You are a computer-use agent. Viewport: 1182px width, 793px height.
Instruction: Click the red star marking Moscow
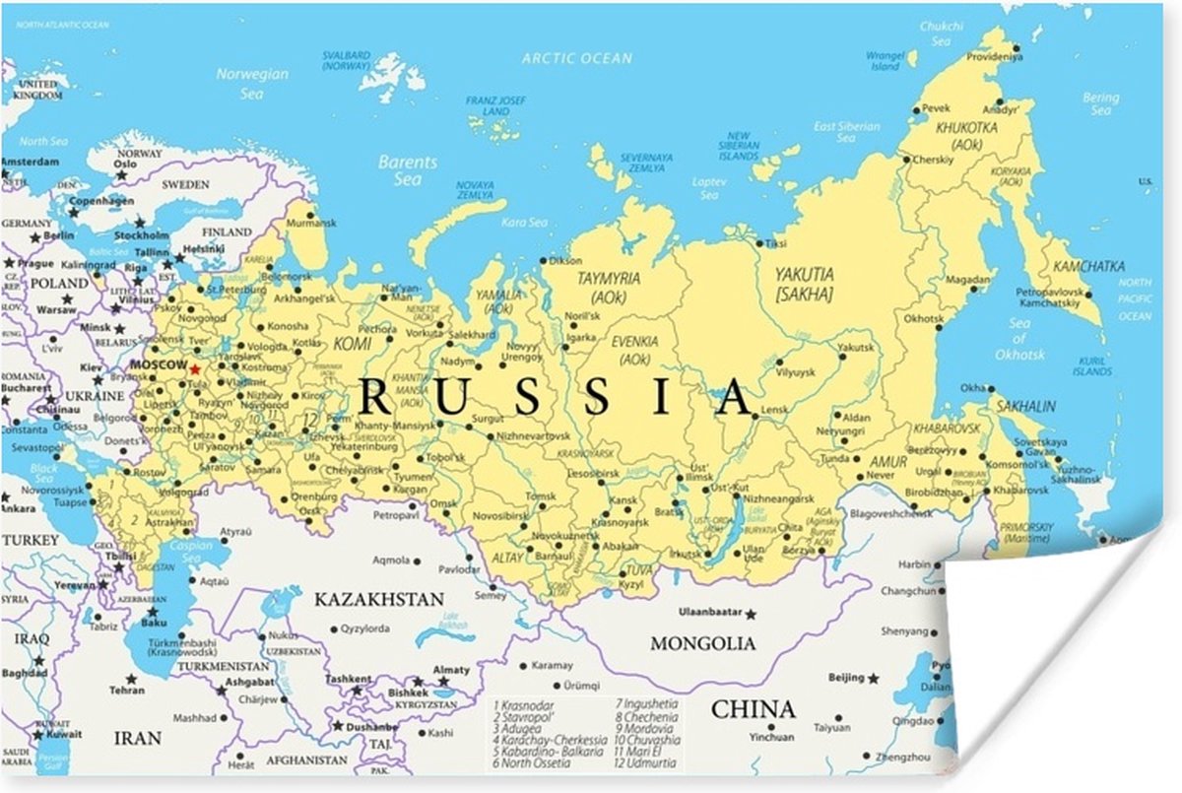(x=195, y=368)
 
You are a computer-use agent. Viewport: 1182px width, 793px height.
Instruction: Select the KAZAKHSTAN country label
(x=378, y=599)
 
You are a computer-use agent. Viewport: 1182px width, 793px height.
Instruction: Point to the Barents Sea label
(x=407, y=169)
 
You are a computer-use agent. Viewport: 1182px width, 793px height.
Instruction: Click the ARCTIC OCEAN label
(x=576, y=59)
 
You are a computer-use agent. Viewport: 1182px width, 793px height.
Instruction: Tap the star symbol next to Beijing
(x=874, y=678)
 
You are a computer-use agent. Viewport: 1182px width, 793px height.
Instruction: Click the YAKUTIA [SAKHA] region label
(x=804, y=284)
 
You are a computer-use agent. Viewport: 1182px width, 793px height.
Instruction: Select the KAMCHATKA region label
(x=1088, y=266)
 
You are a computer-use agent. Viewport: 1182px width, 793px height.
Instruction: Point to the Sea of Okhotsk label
(x=1018, y=339)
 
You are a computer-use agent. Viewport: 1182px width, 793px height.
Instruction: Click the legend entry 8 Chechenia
(x=647, y=717)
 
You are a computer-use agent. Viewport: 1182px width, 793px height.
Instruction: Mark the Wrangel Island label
(x=885, y=61)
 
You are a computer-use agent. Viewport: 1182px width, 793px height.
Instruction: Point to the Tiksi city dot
(x=758, y=243)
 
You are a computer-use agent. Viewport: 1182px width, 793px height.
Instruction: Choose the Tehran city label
(x=126, y=691)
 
